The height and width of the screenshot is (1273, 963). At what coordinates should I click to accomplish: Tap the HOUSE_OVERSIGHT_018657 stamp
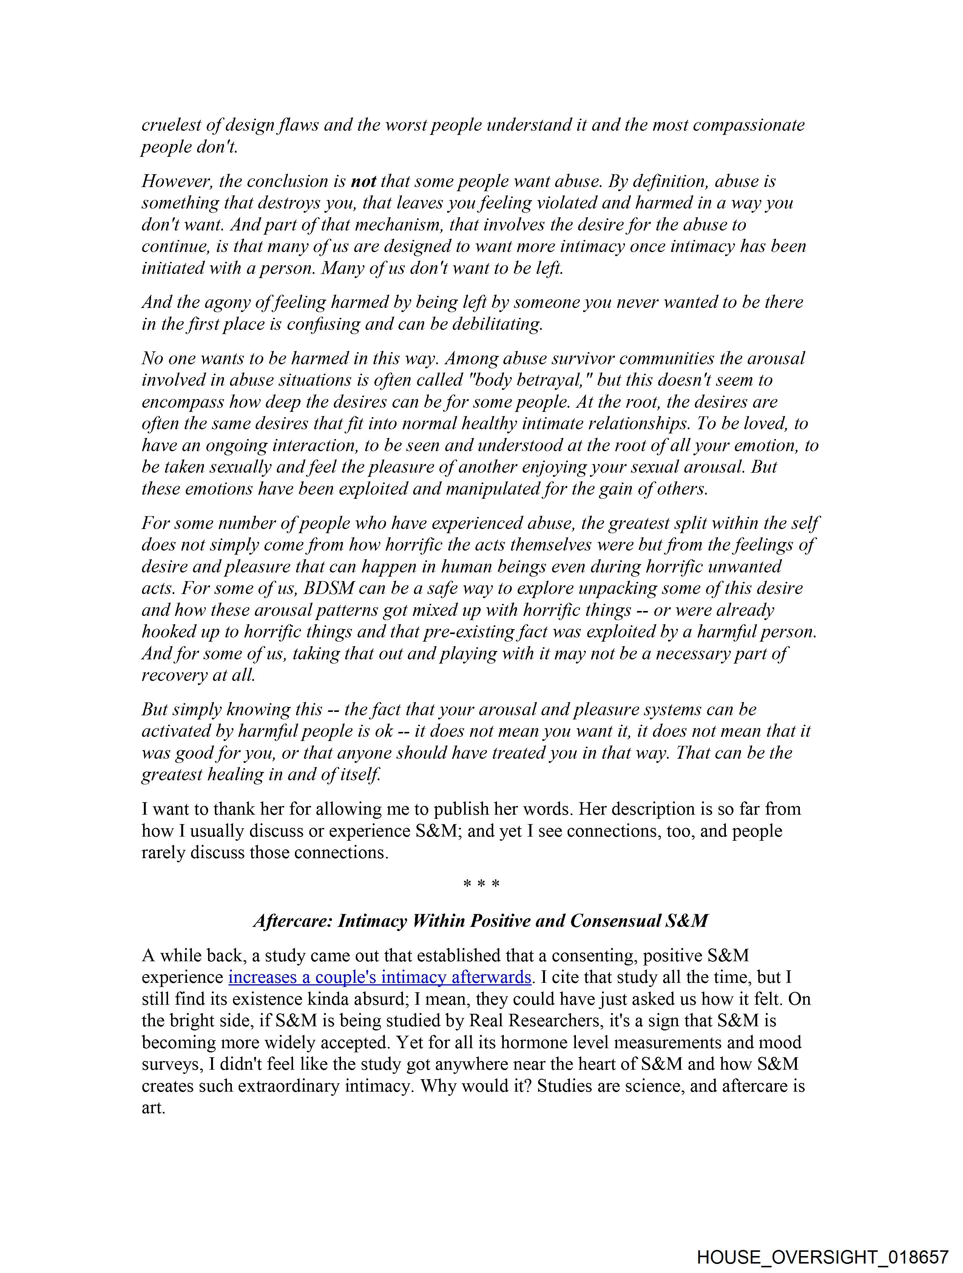coord(823,1257)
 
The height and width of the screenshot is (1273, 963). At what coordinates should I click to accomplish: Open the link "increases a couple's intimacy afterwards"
coord(380,977)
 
